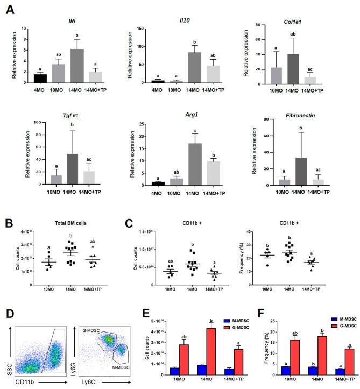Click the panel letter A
(10, 10)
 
